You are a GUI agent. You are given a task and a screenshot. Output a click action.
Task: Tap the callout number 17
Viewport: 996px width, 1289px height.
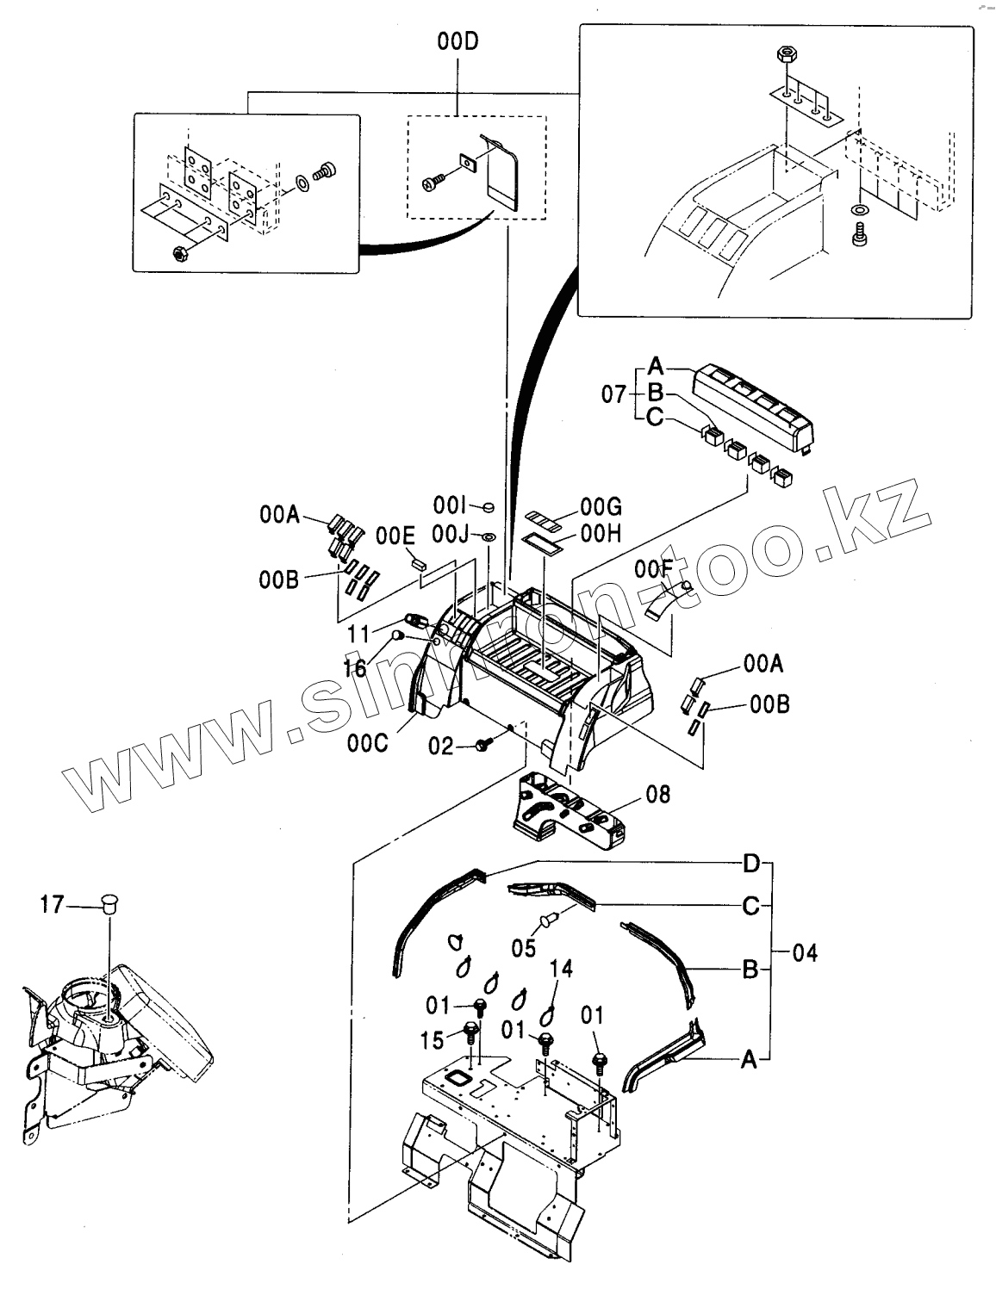pos(52,904)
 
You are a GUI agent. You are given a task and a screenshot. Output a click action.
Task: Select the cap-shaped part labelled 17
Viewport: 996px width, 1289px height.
pos(109,903)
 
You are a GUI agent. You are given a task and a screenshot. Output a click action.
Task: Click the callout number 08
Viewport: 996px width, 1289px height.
pos(657,792)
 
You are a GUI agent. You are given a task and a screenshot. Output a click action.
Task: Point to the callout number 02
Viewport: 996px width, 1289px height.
pos(440,746)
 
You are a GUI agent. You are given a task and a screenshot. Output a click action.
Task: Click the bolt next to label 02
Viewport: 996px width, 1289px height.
pos(483,742)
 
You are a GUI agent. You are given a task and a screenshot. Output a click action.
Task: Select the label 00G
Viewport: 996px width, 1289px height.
pos(601,506)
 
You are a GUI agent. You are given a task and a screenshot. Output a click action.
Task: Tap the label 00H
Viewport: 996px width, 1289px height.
pos(601,534)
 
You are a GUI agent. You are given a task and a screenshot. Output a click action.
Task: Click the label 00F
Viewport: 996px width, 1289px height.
pos(653,568)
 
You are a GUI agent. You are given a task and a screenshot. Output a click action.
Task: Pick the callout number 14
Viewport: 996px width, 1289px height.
pos(561,969)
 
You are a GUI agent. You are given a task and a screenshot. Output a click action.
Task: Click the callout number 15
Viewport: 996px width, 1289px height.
pos(433,1041)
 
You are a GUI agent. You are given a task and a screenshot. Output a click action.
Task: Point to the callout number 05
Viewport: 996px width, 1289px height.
pos(524,948)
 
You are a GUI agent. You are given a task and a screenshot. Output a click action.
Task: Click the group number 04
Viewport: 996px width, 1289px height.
pos(803,953)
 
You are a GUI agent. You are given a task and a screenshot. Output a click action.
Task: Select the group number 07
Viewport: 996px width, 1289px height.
pos(614,395)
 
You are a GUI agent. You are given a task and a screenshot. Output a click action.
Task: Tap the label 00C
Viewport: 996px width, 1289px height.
pos(367,742)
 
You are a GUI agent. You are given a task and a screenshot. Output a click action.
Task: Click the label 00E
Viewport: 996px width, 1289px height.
pos(395,536)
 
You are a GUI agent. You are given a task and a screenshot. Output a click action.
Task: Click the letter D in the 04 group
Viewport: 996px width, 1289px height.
pos(751,862)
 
